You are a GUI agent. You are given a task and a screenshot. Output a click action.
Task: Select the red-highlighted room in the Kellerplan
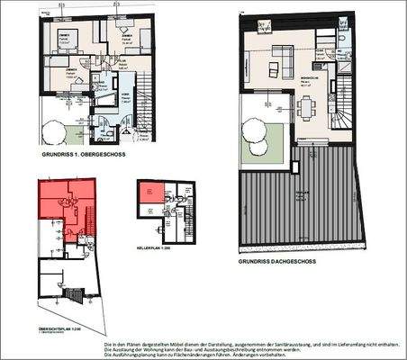(x=150, y=193)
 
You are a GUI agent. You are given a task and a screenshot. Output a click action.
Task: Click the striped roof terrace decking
(x=302, y=211)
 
